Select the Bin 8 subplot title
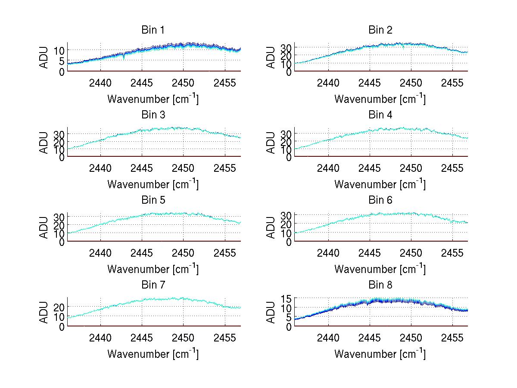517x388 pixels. (380, 285)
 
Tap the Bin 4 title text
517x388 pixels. (380, 115)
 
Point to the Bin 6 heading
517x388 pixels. (380, 200)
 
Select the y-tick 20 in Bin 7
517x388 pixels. (59, 307)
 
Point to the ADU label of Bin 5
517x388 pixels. (44, 228)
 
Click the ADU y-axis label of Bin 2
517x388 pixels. (271, 58)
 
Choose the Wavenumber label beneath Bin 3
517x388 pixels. (153, 184)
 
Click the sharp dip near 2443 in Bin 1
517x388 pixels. (124, 57)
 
